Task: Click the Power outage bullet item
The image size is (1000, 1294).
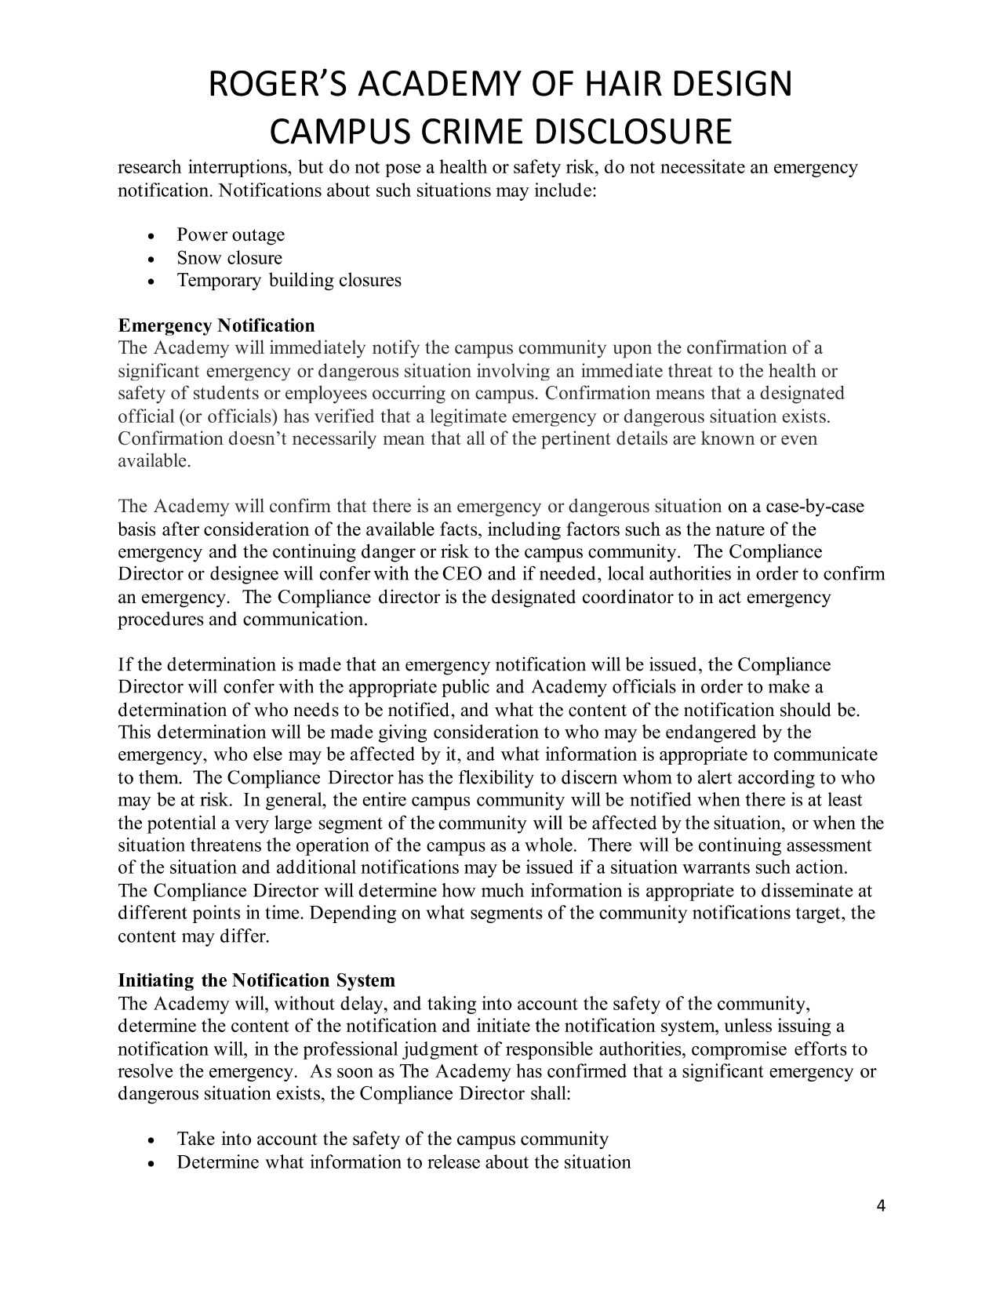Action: pos(231,235)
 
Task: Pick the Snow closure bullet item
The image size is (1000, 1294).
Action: pos(229,258)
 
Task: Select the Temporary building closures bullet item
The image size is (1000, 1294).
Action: pos(289,281)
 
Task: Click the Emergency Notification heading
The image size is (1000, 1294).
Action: pos(216,325)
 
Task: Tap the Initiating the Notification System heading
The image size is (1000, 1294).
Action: pos(256,981)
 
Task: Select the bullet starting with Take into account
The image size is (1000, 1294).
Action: pos(392,1140)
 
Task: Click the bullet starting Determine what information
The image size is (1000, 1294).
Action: pos(403,1162)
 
